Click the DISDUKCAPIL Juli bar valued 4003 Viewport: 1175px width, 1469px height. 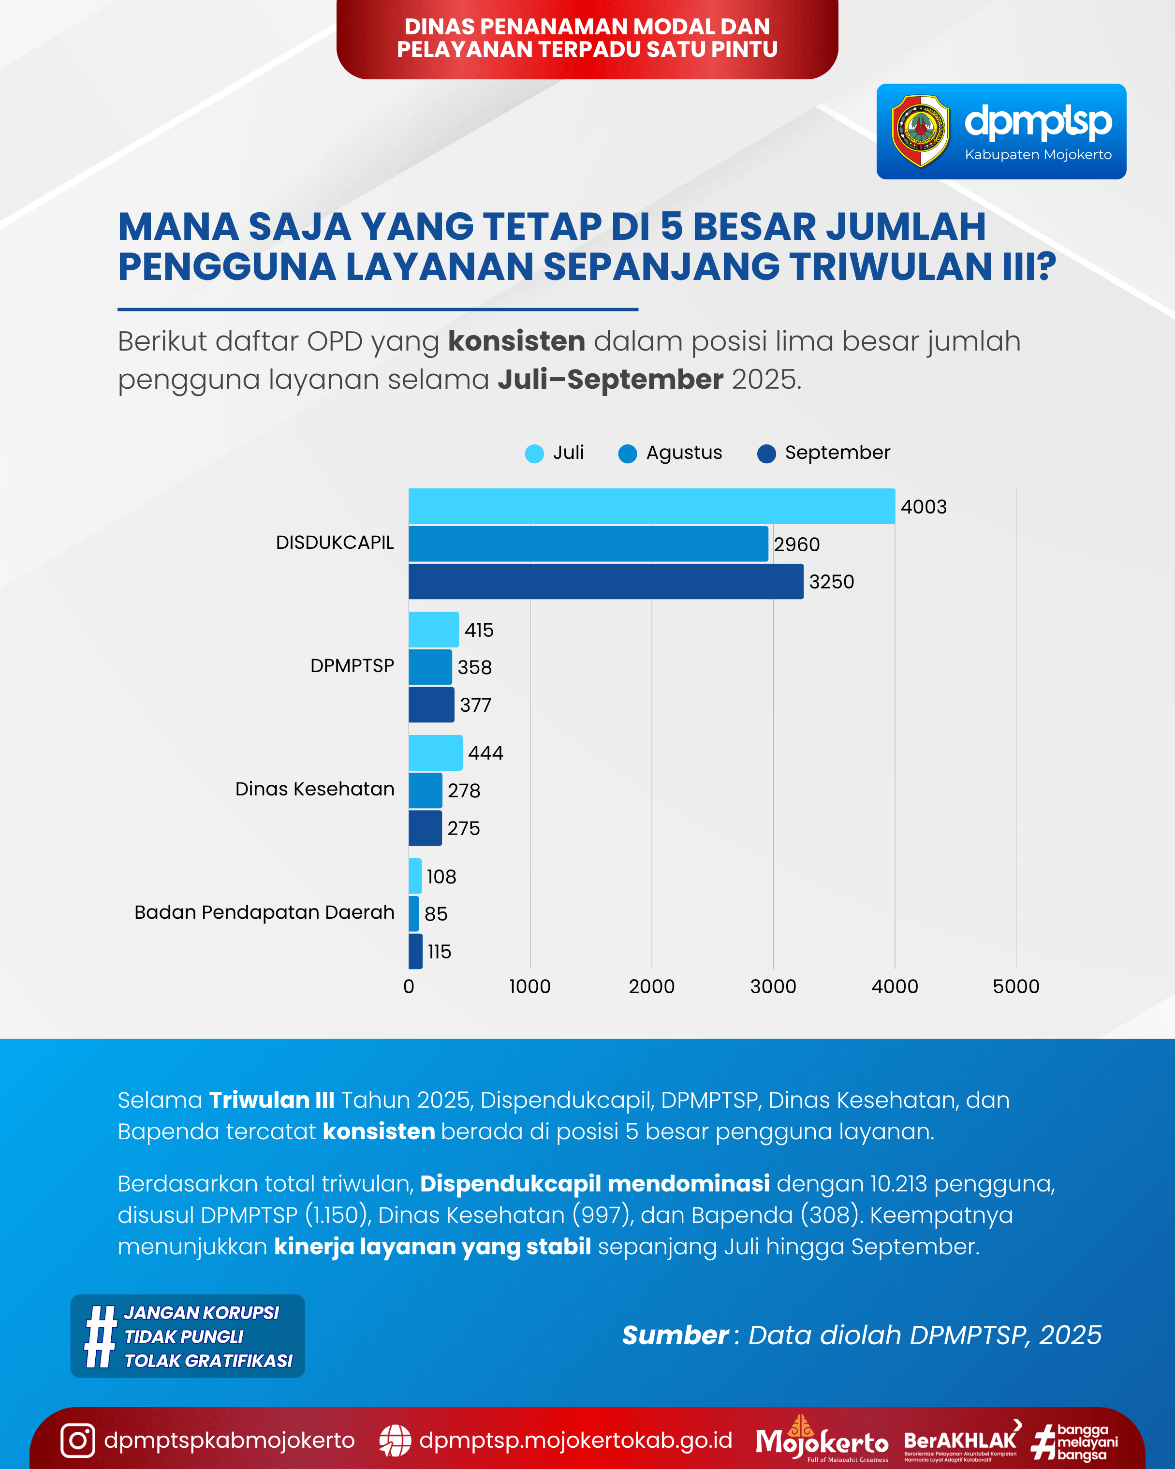(x=651, y=506)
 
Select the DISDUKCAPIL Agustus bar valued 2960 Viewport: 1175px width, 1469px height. (x=588, y=544)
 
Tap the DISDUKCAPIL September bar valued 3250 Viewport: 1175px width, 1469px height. (x=605, y=581)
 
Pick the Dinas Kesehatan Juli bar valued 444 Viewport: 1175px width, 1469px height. (x=435, y=753)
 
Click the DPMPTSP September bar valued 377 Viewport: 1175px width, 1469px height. (x=431, y=705)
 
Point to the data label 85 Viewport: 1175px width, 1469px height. (x=436, y=914)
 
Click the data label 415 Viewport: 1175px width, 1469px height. (x=479, y=630)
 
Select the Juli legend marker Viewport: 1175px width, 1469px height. (x=535, y=454)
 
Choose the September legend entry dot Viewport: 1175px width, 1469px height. (x=766, y=454)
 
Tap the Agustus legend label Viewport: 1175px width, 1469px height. (x=684, y=453)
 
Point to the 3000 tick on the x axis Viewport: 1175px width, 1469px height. (x=773, y=986)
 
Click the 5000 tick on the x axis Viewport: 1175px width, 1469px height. (x=1015, y=986)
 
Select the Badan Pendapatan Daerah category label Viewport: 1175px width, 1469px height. (x=264, y=912)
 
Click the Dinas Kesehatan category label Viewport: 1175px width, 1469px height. (x=315, y=789)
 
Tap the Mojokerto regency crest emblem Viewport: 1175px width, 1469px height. (x=920, y=132)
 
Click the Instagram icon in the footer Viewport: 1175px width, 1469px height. (x=78, y=1440)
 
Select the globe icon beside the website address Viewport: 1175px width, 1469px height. (x=395, y=1440)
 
